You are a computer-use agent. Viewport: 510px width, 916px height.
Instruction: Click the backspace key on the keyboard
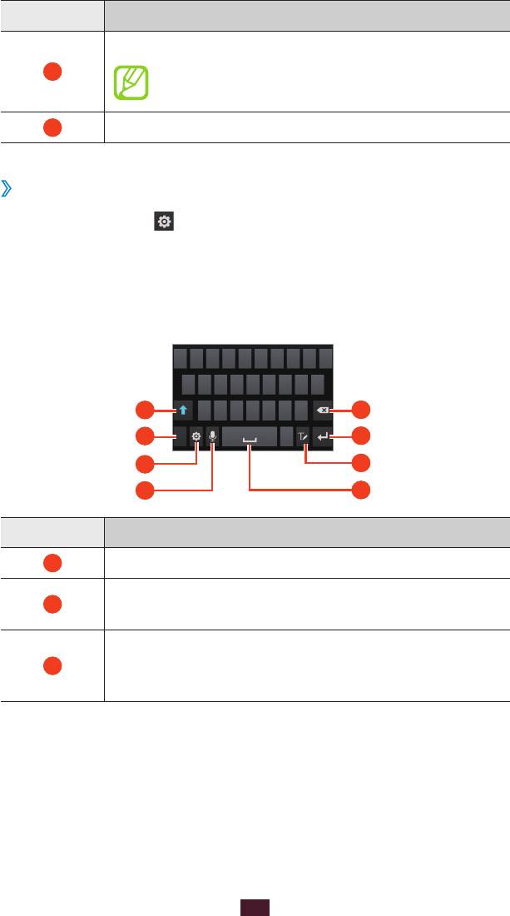pyautogui.click(x=321, y=410)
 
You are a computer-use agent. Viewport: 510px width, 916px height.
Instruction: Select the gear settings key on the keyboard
pyautogui.click(x=196, y=436)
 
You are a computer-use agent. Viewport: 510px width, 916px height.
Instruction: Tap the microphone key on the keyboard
pyautogui.click(x=213, y=436)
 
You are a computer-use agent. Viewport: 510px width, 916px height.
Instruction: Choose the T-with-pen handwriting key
pyautogui.click(x=305, y=436)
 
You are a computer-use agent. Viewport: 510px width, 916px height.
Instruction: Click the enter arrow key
pyautogui.click(x=322, y=436)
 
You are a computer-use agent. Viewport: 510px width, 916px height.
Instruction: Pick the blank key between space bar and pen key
pyautogui.click(x=286, y=436)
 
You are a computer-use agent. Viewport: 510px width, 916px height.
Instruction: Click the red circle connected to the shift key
pyautogui.click(x=146, y=409)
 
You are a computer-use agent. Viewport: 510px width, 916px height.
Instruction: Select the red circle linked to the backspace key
pyautogui.click(x=360, y=409)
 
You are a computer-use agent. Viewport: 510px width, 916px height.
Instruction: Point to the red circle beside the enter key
pyautogui.click(x=360, y=435)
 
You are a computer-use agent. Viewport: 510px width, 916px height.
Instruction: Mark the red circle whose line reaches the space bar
pyautogui.click(x=360, y=490)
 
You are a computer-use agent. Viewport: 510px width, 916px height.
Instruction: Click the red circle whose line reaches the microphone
pyautogui.click(x=146, y=490)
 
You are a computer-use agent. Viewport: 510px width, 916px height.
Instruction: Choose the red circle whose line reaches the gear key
pyautogui.click(x=146, y=463)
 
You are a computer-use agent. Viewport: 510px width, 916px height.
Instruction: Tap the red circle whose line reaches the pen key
pyautogui.click(x=360, y=463)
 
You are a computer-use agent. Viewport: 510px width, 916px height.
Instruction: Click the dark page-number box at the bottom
pyautogui.click(x=255, y=907)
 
